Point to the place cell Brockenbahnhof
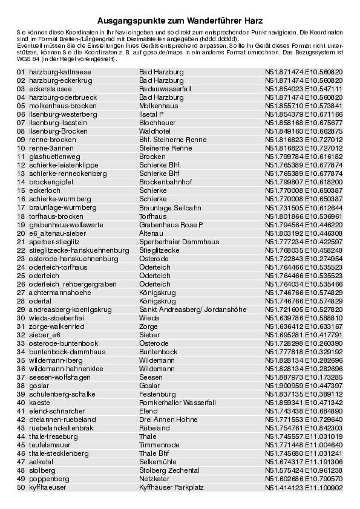[x=165, y=181]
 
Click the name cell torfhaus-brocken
[x=56, y=216]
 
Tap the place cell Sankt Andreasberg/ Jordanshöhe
[x=192, y=309]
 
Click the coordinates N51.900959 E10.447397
[x=304, y=385]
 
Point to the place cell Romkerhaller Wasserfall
[x=177, y=402]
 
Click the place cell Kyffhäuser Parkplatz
[x=171, y=487]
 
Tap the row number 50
[x=21, y=487]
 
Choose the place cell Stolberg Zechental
[x=169, y=470]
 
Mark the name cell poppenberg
[x=48, y=478]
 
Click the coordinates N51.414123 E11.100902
[x=304, y=487]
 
